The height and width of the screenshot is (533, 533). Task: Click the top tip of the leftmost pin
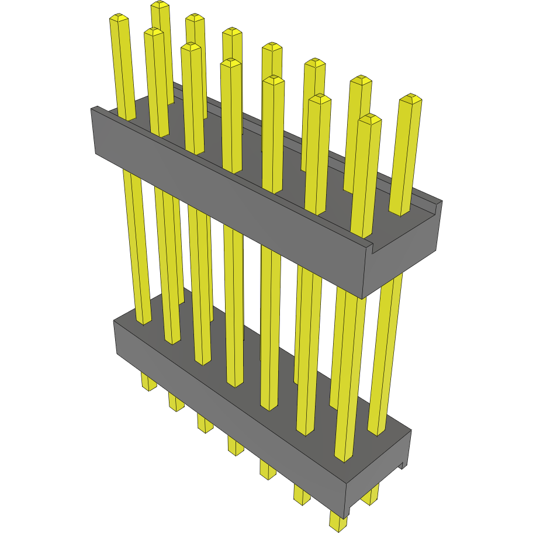pos(119,19)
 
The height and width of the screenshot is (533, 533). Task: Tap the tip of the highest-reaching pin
pos(160,5)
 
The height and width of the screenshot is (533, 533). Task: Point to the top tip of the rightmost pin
pos(411,98)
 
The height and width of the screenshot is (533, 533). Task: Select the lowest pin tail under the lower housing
pos(338,522)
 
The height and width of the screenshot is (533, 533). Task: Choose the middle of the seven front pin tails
pos(236,447)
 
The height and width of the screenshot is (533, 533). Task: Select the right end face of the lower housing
pos(380,468)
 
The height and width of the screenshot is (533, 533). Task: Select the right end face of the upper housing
pos(403,257)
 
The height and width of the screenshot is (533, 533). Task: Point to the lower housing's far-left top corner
pos(114,320)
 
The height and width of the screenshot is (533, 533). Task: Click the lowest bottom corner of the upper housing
pos(363,298)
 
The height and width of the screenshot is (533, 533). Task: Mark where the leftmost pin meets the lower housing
pos(144,322)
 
